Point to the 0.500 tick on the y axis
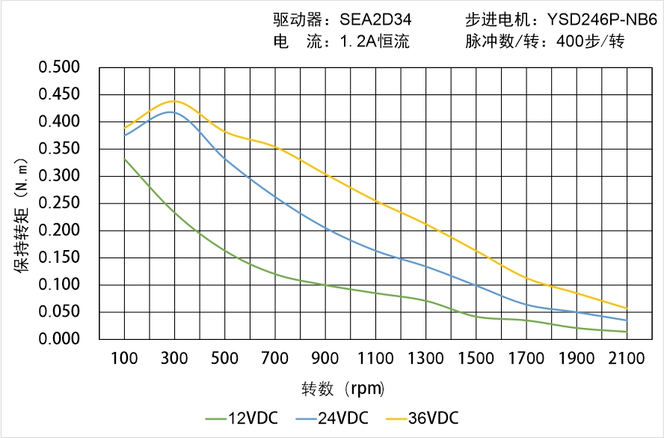click(59, 68)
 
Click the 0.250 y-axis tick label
click(59, 204)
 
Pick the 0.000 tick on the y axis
click(59, 340)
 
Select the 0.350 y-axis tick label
click(59, 149)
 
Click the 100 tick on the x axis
click(124, 359)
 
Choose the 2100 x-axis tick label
click(627, 359)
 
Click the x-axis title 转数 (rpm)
click(343, 389)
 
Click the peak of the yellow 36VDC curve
click(174, 101)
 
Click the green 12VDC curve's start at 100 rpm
click(124, 159)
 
